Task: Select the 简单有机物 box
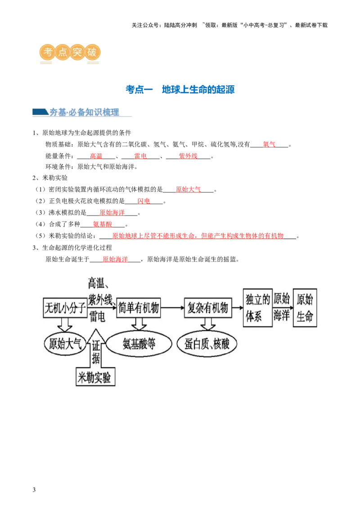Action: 138,308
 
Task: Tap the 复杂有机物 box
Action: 207,308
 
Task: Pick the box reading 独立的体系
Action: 258,308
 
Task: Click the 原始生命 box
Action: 305,308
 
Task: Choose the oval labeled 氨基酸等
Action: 139,344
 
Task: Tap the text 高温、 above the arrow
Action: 100,283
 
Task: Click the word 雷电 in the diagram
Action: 97,317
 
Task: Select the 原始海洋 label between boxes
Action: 282,308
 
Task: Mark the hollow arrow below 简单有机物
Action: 138,324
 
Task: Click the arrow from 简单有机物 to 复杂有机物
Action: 172,308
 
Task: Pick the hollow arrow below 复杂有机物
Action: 207,324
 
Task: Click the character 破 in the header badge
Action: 91,52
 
